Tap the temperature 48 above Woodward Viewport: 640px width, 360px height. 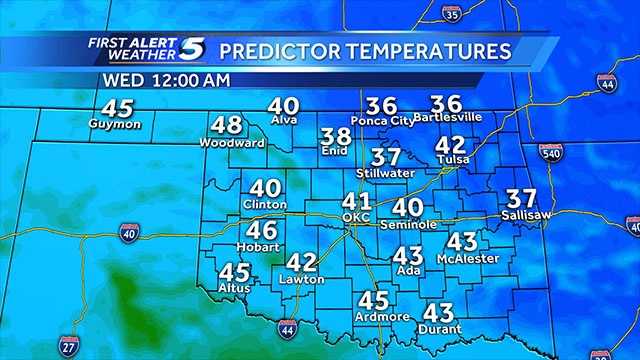click(x=228, y=126)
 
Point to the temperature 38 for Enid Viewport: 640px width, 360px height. click(x=336, y=137)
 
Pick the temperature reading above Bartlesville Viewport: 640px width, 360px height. click(x=446, y=104)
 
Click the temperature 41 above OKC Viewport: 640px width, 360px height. click(x=357, y=201)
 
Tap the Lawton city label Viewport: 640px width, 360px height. click(x=301, y=279)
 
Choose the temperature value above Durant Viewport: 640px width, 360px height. click(x=440, y=312)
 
